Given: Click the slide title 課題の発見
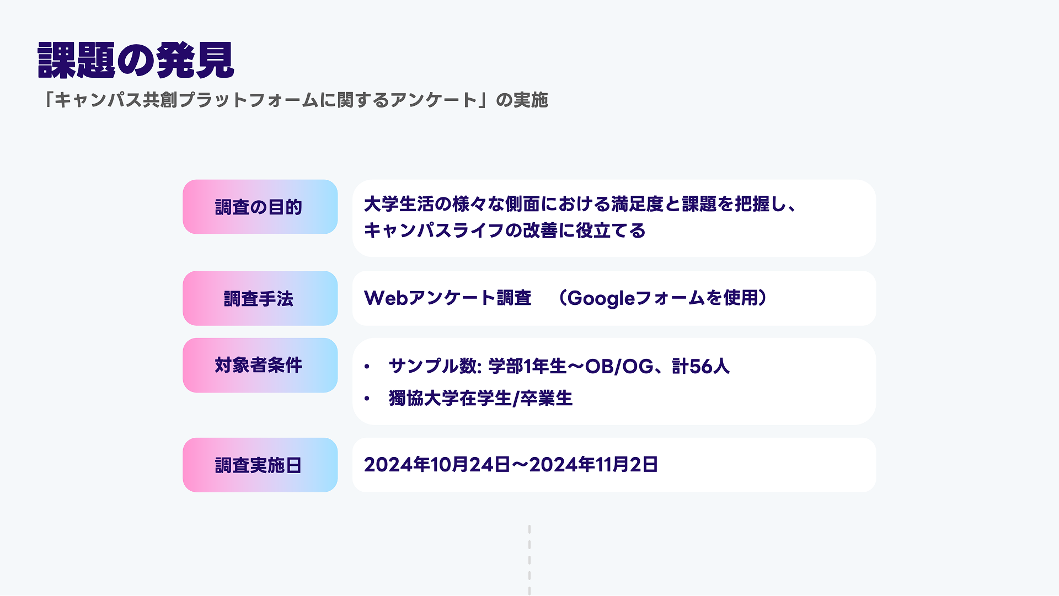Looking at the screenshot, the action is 136,60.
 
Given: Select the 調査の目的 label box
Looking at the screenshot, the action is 260,207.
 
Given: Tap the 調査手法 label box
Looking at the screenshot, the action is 260,298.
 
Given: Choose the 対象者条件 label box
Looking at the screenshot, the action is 260,365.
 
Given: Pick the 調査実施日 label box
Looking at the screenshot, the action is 260,465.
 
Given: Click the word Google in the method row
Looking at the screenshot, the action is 601,298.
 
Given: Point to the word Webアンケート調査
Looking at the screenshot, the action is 447,298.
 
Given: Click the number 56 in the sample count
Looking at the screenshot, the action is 701,366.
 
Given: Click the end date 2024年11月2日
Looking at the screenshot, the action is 593,465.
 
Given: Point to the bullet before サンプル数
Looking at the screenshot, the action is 367,367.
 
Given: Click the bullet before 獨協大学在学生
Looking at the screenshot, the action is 367,398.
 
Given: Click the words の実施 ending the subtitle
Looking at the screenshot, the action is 522,100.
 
